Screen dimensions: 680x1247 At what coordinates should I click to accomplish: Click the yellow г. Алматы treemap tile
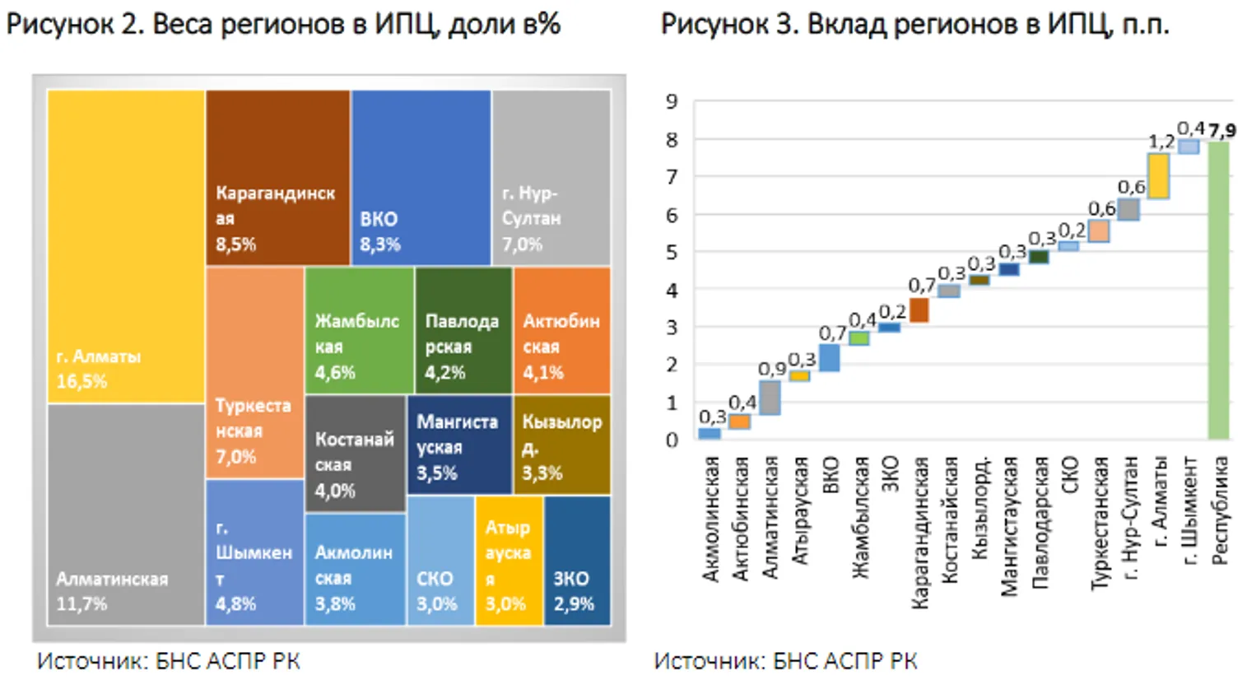point(126,247)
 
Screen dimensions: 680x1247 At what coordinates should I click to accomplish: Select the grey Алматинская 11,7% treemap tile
point(126,515)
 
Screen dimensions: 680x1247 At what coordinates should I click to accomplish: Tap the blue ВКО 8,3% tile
point(421,177)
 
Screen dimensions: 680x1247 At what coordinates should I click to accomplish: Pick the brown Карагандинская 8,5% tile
point(277,177)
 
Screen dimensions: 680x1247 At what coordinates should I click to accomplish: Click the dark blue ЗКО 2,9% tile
point(577,560)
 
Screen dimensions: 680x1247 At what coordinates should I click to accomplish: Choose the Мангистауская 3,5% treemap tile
point(459,445)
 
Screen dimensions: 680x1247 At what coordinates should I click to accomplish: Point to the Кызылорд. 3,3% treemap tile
point(562,445)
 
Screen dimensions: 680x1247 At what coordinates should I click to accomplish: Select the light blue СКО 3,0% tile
point(440,560)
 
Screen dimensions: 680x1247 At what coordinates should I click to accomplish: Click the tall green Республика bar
point(1218,290)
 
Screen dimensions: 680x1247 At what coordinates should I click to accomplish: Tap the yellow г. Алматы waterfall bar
point(1158,176)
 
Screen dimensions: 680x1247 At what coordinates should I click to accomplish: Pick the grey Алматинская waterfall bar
point(770,398)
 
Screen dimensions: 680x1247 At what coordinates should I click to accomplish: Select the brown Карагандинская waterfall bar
point(919,310)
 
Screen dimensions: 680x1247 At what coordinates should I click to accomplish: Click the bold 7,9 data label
point(1222,131)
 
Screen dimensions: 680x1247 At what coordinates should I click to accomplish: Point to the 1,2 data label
point(1161,142)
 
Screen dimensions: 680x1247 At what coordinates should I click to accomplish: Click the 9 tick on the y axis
point(672,102)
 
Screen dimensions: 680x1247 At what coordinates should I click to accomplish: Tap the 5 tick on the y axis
point(672,253)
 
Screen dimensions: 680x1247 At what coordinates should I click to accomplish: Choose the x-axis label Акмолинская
point(710,519)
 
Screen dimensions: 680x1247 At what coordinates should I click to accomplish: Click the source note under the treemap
point(169,661)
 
